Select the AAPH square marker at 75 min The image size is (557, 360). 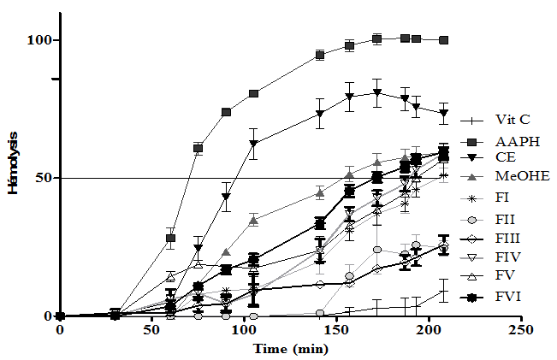(199, 148)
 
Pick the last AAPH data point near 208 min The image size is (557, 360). (443, 40)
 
